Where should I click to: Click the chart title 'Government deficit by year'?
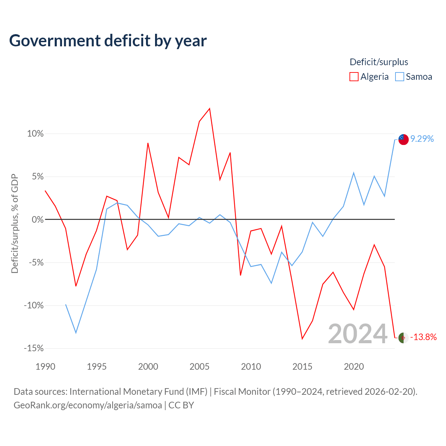108,41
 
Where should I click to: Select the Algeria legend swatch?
354,77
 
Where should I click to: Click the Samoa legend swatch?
399,77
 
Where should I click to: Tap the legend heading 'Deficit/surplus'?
379,62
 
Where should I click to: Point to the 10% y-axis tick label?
35,133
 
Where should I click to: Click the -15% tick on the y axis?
34,348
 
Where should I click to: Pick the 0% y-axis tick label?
38,220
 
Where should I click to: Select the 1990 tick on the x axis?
45,367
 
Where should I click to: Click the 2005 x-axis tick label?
200,367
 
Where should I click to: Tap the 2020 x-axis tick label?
354,367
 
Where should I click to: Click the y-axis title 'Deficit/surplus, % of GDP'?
15,224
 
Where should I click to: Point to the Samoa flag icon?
403,140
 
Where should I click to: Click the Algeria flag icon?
403,338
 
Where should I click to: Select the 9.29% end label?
422,139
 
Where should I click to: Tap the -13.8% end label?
423,337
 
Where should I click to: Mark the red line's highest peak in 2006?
210,108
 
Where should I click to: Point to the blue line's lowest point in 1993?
76,333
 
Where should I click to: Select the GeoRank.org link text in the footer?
88,405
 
